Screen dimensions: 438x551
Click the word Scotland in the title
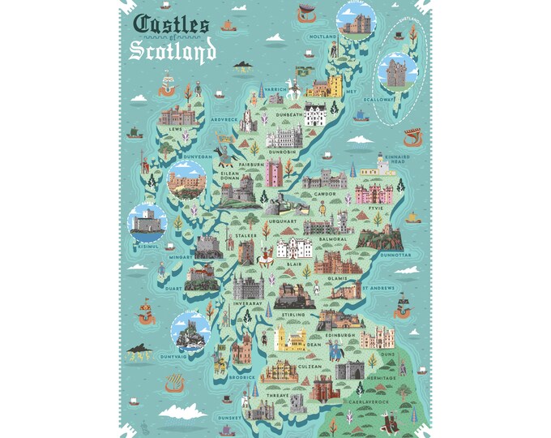pos(173,51)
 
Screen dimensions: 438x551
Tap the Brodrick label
pos(241,377)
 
